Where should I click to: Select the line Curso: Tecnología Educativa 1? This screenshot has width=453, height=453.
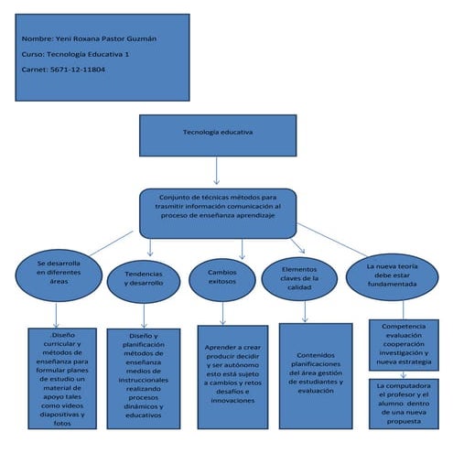76,54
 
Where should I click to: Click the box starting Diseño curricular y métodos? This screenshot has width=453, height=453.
62,377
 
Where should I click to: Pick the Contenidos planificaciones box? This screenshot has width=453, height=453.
315,375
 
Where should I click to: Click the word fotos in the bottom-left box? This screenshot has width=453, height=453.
62,424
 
